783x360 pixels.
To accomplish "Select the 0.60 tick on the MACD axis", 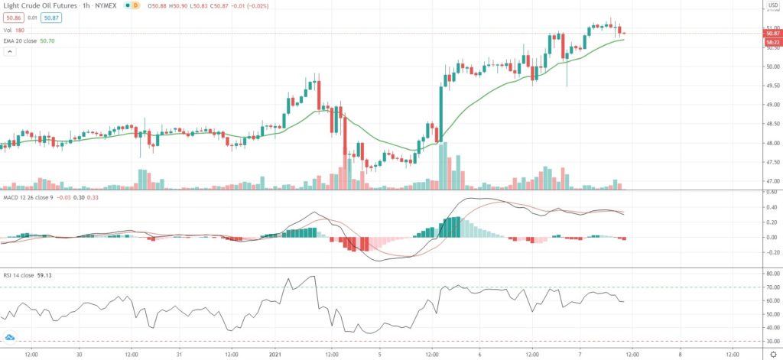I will tap(771, 193).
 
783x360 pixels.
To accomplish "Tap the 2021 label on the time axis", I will tap(276, 354).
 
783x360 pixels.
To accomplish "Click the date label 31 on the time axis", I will tap(178, 354).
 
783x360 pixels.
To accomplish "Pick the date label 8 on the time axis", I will tap(680, 354).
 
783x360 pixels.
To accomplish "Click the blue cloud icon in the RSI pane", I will tap(11, 336).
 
